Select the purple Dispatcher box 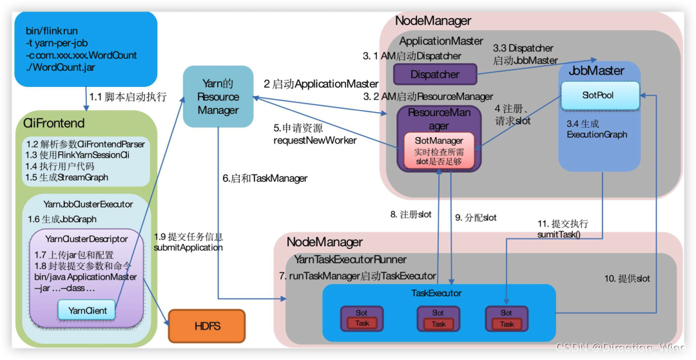pyautogui.click(x=434, y=75)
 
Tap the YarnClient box pyautogui.click(x=88, y=310)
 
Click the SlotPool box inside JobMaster pyautogui.click(x=598, y=95)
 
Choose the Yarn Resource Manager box pyautogui.click(x=218, y=97)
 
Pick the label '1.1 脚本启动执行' pyautogui.click(x=128, y=97)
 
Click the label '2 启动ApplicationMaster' pyautogui.click(x=321, y=84)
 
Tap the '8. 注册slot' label pyautogui.click(x=411, y=215)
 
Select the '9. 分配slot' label pyautogui.click(x=476, y=218)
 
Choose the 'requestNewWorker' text pyautogui.click(x=314, y=140)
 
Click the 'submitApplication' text pyautogui.click(x=188, y=247)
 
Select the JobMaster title pyautogui.click(x=596, y=71)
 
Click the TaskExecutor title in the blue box pyautogui.click(x=436, y=293)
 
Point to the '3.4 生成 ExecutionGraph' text pyautogui.click(x=597, y=129)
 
